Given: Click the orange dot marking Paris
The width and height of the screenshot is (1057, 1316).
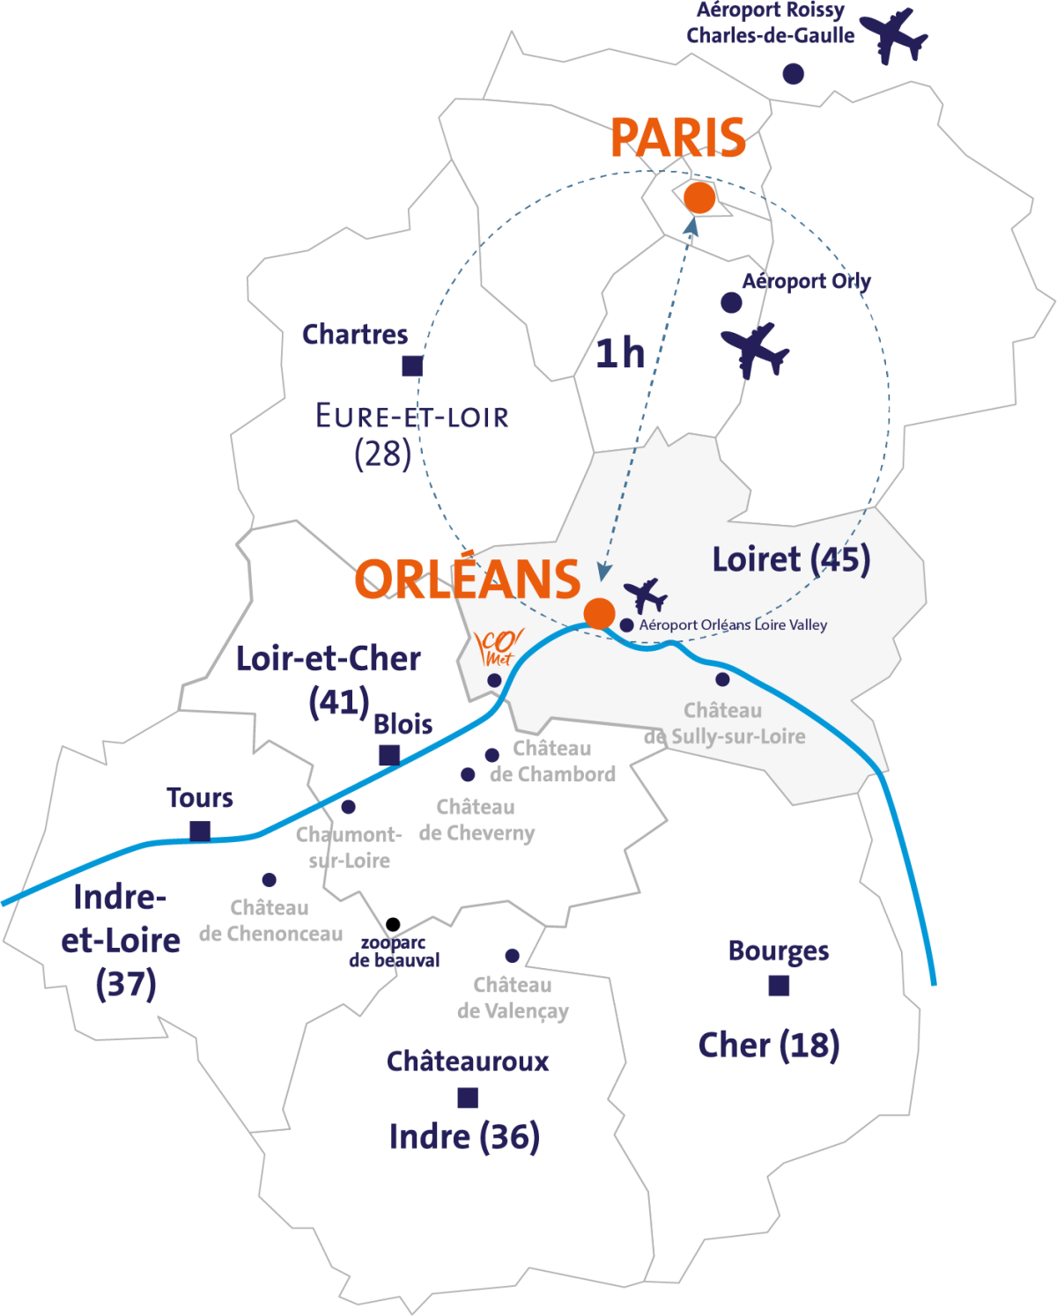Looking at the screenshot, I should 699,198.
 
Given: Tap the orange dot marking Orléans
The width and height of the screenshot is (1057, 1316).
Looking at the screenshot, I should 599,613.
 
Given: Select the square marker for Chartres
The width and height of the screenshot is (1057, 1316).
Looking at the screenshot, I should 412,366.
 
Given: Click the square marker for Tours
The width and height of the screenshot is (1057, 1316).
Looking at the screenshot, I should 201,831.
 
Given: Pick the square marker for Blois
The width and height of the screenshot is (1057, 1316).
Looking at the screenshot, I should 389,755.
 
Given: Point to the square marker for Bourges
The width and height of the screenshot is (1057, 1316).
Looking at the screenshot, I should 779,986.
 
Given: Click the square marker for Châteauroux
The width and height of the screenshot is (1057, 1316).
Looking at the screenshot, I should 468,1098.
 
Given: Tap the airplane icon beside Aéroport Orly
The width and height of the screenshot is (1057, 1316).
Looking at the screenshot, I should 755,350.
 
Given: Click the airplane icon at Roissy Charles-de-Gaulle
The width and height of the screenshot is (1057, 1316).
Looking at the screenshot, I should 894,34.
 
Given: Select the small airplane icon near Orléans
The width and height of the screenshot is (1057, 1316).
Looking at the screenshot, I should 646,595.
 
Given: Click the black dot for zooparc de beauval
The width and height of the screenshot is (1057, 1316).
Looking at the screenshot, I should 393,924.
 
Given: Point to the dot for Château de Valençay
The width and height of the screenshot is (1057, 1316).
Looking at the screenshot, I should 512,956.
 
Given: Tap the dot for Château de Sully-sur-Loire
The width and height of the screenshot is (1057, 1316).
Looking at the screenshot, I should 722,679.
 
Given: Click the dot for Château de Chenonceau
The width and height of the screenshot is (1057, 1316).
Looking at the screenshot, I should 270,880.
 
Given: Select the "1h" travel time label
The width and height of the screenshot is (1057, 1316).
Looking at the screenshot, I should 620,354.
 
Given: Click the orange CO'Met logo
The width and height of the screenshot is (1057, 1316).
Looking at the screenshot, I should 499,648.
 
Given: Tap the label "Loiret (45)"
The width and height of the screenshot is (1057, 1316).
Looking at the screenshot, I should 791,559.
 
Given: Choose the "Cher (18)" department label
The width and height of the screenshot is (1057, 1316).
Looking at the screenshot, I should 769,1046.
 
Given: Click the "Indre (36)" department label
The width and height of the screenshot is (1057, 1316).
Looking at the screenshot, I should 464,1137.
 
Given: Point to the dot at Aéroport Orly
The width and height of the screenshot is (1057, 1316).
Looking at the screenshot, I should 731,303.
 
